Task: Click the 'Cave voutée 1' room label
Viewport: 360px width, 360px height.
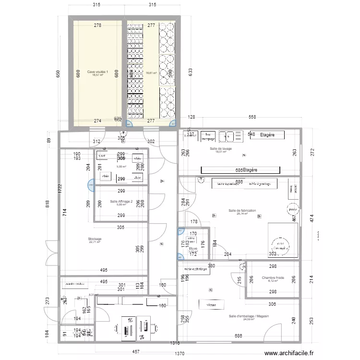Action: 97,72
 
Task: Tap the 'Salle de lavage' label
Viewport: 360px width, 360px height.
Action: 221,149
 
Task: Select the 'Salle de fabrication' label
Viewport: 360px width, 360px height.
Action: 242,211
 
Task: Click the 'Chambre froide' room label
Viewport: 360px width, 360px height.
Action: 273,278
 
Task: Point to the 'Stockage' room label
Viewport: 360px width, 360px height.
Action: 95,239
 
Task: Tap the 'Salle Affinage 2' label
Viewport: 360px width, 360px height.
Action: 121,202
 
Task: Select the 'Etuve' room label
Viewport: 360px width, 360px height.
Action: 193,248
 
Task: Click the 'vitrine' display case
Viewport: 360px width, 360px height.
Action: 208,304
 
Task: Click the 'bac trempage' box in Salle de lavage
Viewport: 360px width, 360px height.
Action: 207,136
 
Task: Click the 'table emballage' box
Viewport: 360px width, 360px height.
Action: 195,270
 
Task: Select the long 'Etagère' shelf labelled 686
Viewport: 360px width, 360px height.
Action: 240,170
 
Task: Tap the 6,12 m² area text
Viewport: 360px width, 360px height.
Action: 273,282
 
